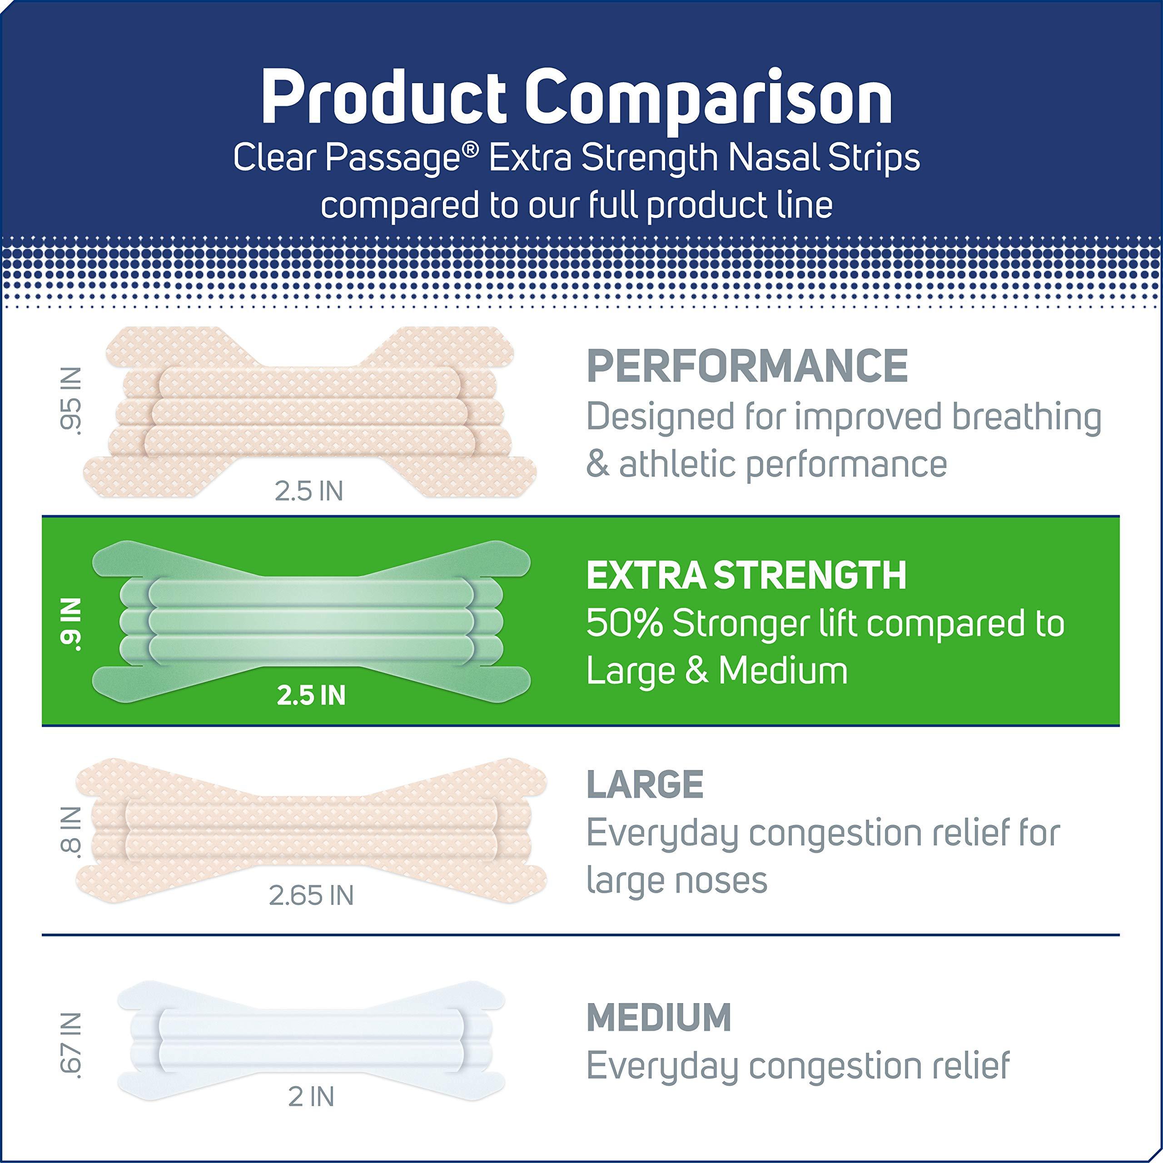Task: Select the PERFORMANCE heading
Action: click(747, 366)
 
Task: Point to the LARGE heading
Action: click(645, 785)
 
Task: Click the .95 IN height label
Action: click(71, 400)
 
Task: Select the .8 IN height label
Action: click(71, 830)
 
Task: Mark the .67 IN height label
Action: click(71, 1046)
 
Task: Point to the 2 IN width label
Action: click(311, 1097)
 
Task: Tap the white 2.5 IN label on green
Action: click(311, 695)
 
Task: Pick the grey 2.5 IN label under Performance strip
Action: click(309, 491)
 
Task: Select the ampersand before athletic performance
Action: click(597, 464)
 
